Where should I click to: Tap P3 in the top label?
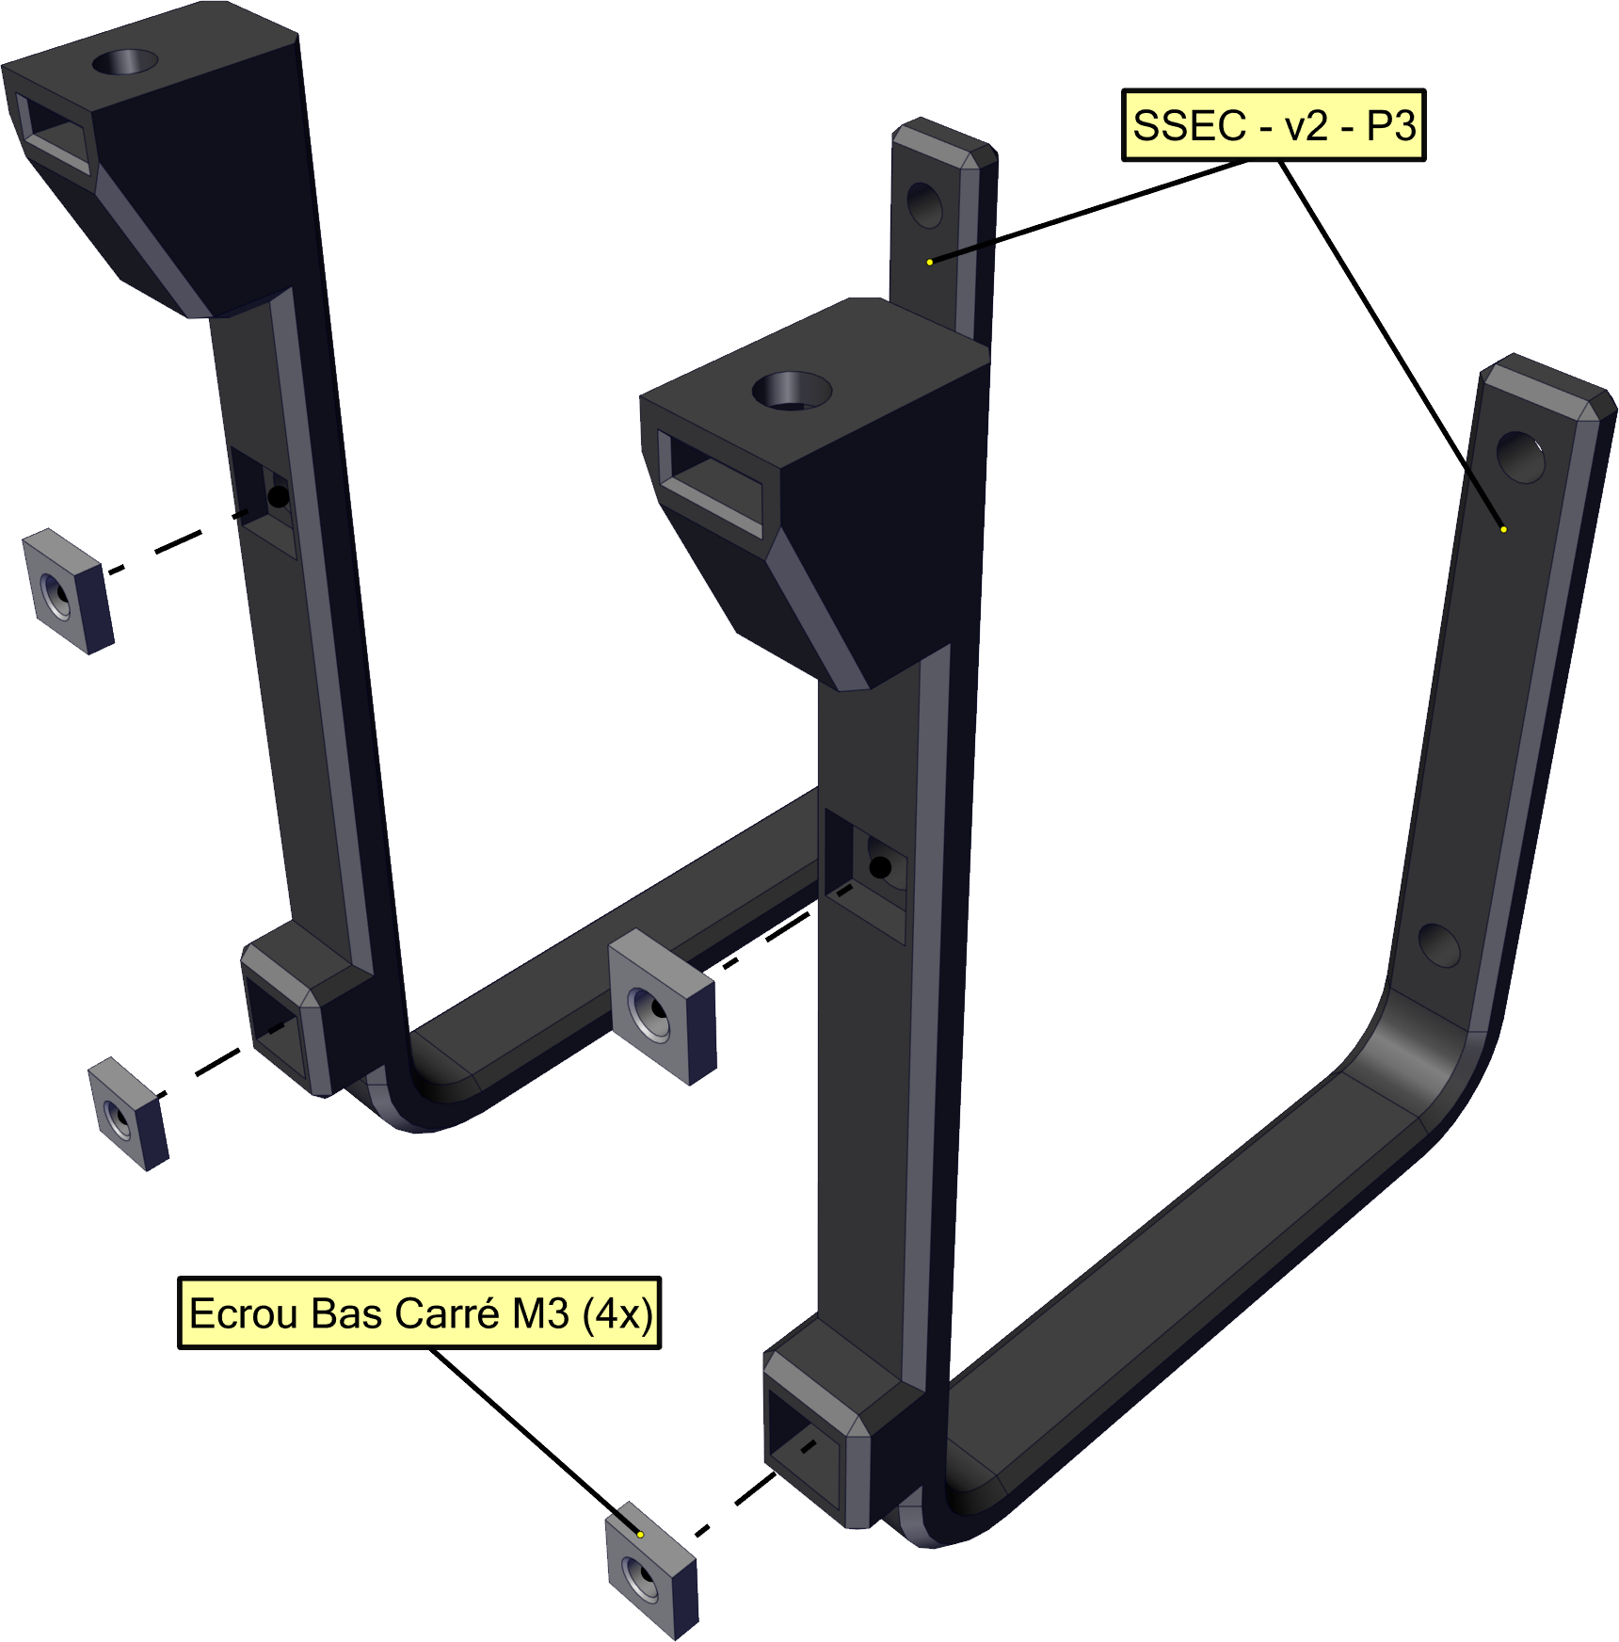click(1391, 126)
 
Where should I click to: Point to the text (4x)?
click(617, 1314)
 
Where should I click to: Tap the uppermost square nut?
click(67, 591)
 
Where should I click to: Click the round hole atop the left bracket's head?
click(124, 63)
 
